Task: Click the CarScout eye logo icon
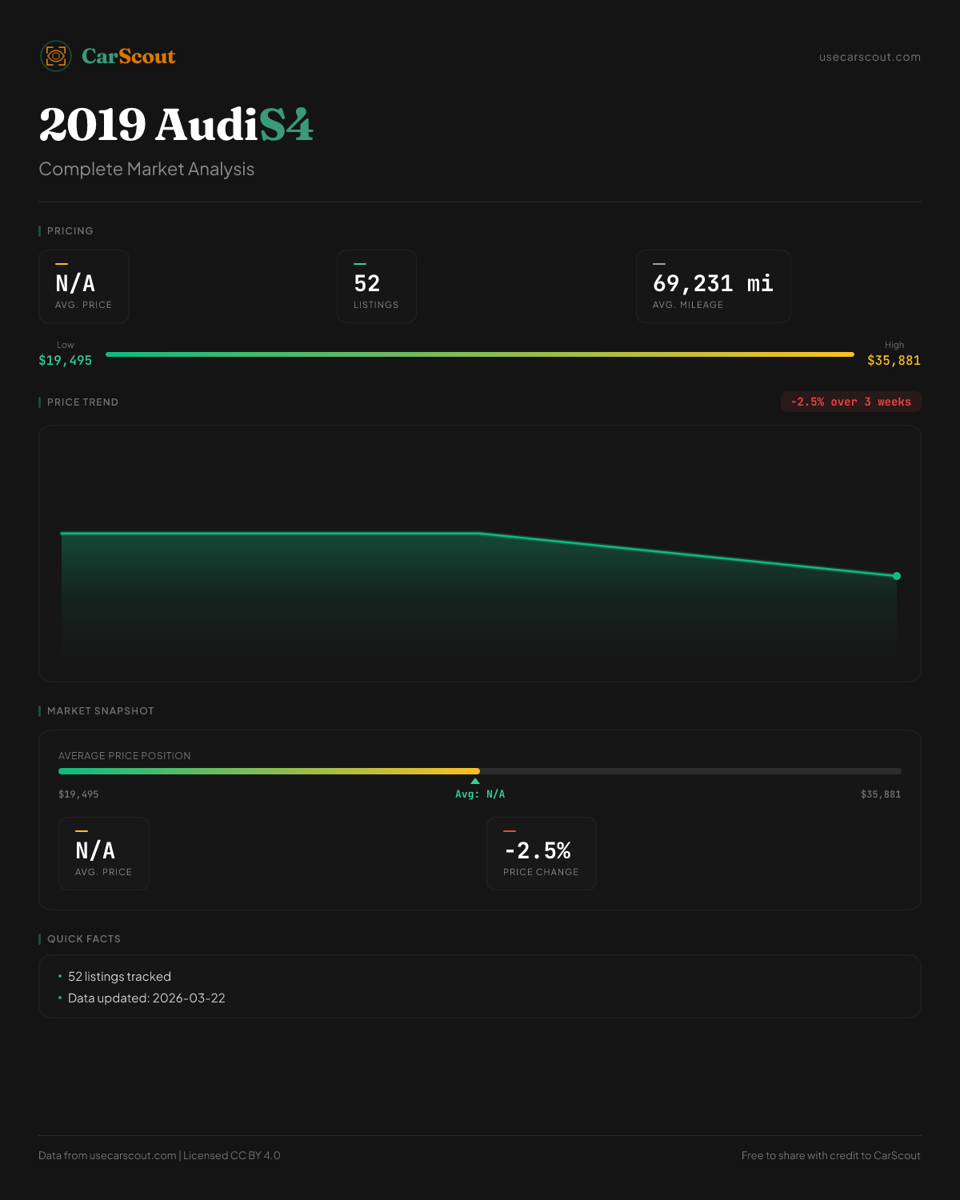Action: (56, 56)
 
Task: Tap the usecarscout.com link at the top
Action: (870, 57)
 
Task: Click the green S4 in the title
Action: (286, 125)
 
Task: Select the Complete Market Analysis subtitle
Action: (146, 170)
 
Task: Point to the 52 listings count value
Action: (367, 284)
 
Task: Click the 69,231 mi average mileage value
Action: (713, 284)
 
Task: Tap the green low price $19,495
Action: (66, 361)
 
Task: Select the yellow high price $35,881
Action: (894, 361)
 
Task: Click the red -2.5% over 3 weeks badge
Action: (850, 402)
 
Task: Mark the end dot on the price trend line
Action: (897, 576)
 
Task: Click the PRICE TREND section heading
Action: (82, 402)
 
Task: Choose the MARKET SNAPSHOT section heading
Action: (100, 711)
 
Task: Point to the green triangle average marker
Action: (475, 781)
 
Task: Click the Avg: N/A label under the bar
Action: (480, 794)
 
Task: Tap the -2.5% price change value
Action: (538, 850)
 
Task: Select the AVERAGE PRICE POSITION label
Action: (125, 756)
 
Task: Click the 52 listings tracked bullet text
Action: (119, 977)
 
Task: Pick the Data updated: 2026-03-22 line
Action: (146, 998)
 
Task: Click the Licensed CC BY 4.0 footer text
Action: (232, 1155)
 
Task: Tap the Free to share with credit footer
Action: (830, 1155)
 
